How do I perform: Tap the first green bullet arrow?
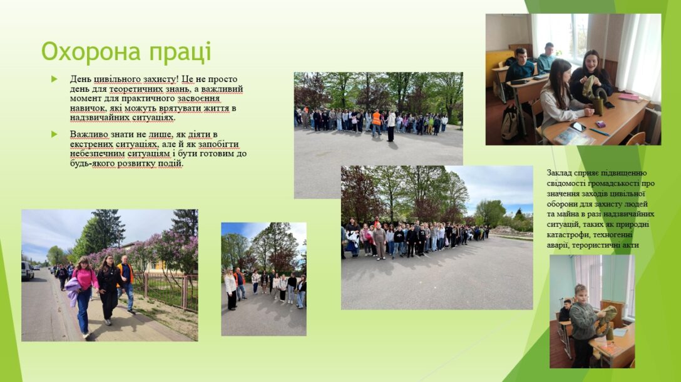(54, 79)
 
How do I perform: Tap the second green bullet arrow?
(54, 134)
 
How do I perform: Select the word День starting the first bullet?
(80, 79)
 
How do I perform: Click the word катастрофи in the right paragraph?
(565, 234)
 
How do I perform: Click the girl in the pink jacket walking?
(84, 295)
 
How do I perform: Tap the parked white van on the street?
(27, 271)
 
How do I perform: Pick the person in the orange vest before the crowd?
(376, 122)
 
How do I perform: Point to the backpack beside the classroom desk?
(510, 122)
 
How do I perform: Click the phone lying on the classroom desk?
(578, 126)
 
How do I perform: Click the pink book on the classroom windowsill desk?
(628, 98)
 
